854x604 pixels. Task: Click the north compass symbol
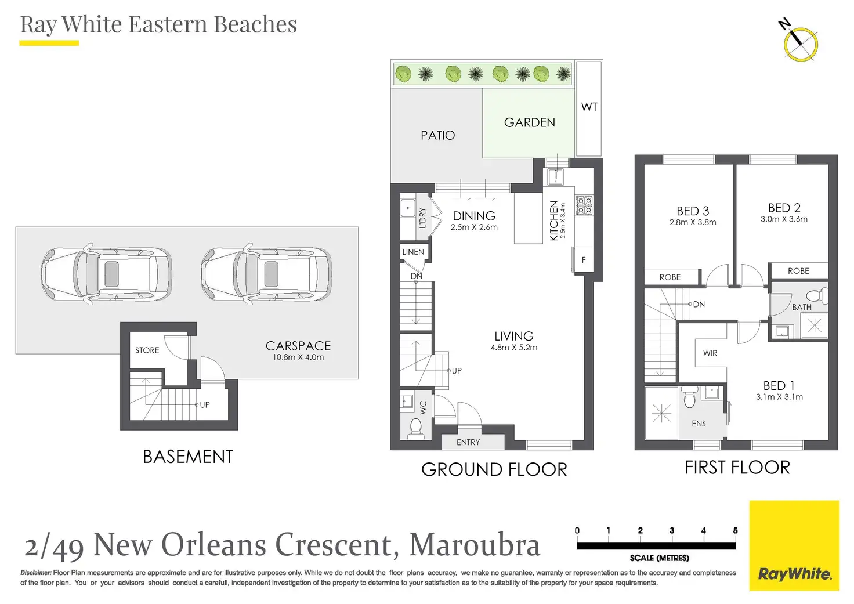(x=800, y=42)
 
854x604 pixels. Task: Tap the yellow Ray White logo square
(x=794, y=545)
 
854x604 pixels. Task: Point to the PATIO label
(x=437, y=135)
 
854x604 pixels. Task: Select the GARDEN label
(x=529, y=122)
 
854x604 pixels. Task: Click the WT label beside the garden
(x=589, y=107)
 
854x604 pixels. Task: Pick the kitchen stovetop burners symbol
(x=584, y=205)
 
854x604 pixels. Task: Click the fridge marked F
(x=583, y=260)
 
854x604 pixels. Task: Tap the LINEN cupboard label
(x=413, y=252)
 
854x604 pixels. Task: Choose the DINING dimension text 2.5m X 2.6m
(x=474, y=227)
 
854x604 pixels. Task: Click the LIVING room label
(x=513, y=336)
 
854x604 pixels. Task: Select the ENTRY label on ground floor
(x=468, y=442)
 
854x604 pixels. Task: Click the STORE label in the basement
(x=147, y=350)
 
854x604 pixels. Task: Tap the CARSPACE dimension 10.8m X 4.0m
(x=298, y=357)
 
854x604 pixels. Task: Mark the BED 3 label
(x=693, y=211)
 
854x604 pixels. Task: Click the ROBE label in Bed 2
(x=798, y=271)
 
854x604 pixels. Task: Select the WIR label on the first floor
(x=710, y=353)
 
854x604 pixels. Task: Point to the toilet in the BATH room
(x=817, y=295)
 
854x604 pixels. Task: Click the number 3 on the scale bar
(x=672, y=530)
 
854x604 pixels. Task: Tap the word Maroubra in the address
(x=475, y=544)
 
